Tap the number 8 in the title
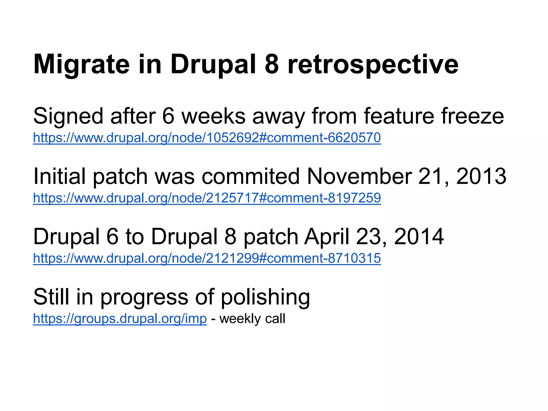pos(272,64)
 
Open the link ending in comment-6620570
pos(207,138)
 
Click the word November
pos(359,177)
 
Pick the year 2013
pos(481,176)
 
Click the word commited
pos(251,177)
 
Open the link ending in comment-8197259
pos(207,198)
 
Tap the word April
pos(327,237)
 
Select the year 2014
pos(419,237)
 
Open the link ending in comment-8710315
pos(207,258)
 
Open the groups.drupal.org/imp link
pos(120,319)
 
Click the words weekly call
pos(252,319)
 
